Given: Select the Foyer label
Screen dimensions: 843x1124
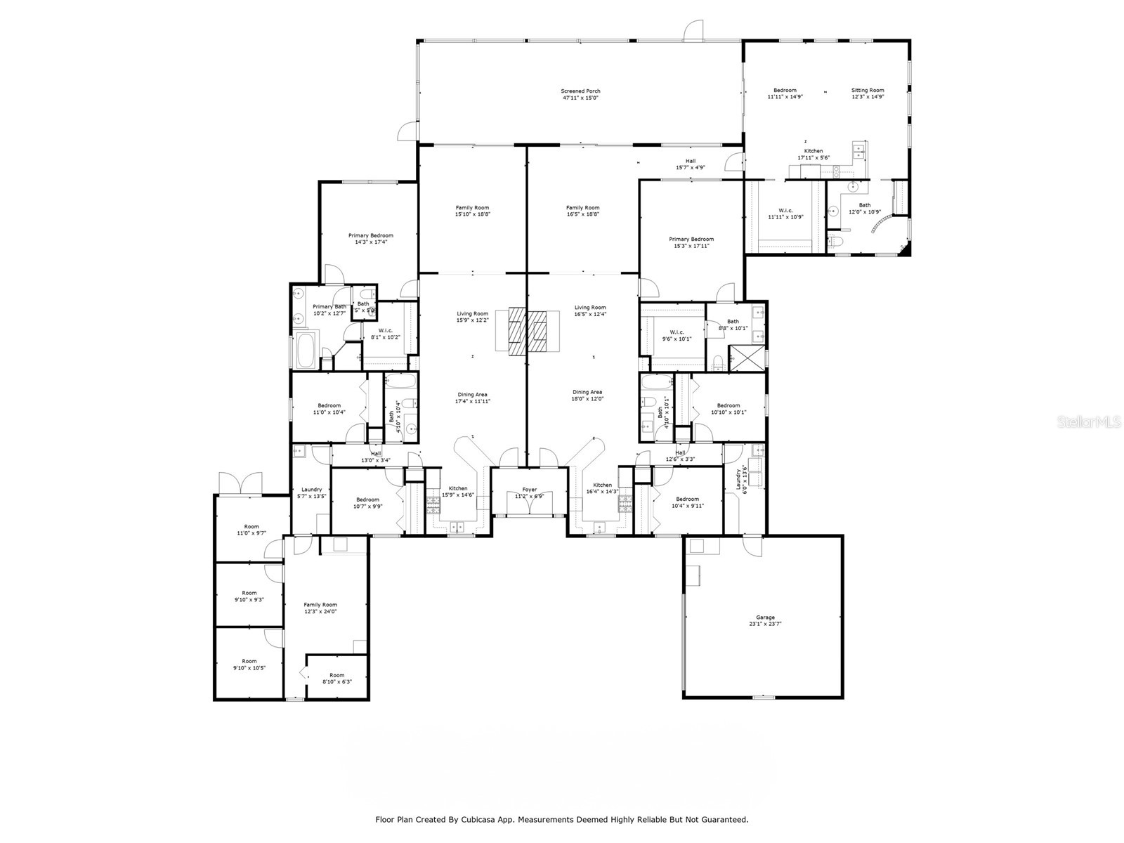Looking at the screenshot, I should (529, 490).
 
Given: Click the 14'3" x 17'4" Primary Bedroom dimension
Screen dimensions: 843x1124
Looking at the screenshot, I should (371, 242).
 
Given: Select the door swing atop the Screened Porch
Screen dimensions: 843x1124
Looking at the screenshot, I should (693, 30).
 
